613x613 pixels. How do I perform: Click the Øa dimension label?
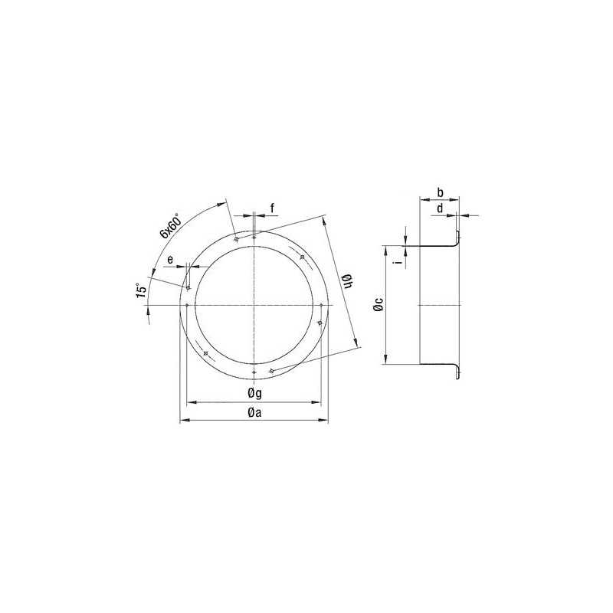(x=254, y=412)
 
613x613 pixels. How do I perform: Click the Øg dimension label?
(x=254, y=393)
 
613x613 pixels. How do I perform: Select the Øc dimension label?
(x=378, y=304)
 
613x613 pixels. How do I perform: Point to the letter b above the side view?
(x=440, y=192)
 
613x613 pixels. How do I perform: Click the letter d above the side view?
(x=440, y=208)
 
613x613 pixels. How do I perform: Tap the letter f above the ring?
(x=273, y=208)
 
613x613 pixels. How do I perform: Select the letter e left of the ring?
(x=170, y=260)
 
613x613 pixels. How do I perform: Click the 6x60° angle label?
(x=169, y=225)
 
